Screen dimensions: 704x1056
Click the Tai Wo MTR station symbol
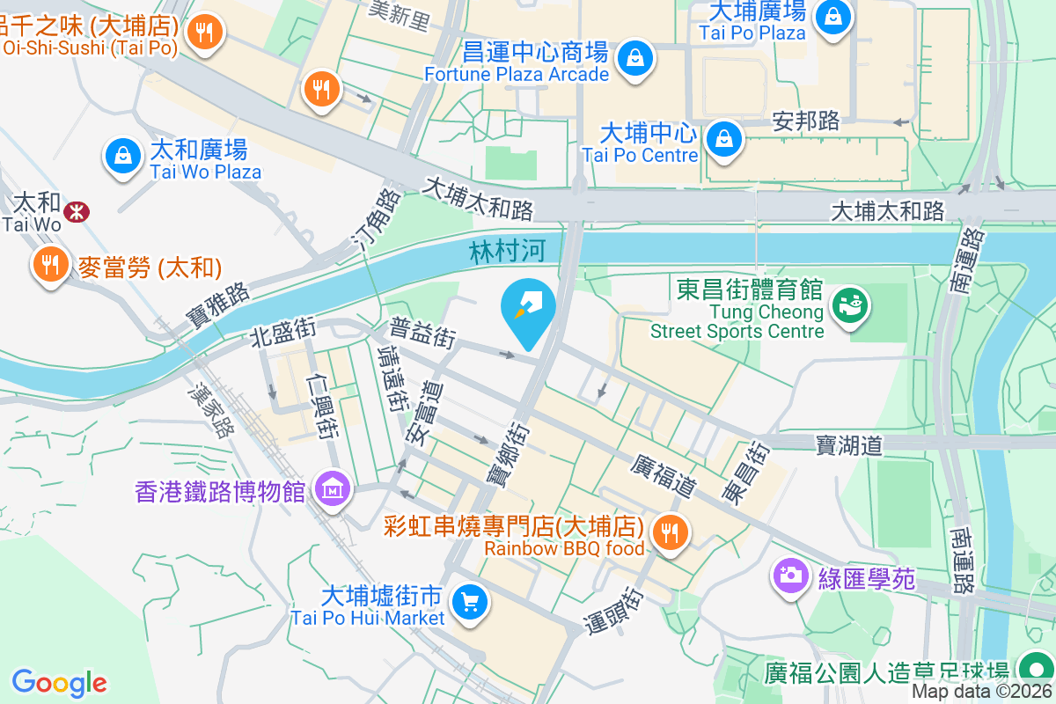[x=77, y=211]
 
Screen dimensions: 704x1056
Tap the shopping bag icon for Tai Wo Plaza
[x=124, y=157]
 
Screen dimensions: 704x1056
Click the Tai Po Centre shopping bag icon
[x=722, y=138]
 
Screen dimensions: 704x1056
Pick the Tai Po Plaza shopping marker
[x=832, y=15]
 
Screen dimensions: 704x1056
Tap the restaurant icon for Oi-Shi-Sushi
[x=205, y=33]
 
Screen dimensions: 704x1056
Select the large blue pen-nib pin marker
[x=528, y=308]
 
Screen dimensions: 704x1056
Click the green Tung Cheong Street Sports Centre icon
[x=849, y=305]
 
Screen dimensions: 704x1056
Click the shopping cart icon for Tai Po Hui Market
[x=469, y=603]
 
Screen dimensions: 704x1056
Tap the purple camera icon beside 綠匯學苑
[x=790, y=576]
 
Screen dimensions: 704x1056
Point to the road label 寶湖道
[x=849, y=445]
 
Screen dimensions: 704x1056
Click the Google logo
[x=59, y=682]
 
